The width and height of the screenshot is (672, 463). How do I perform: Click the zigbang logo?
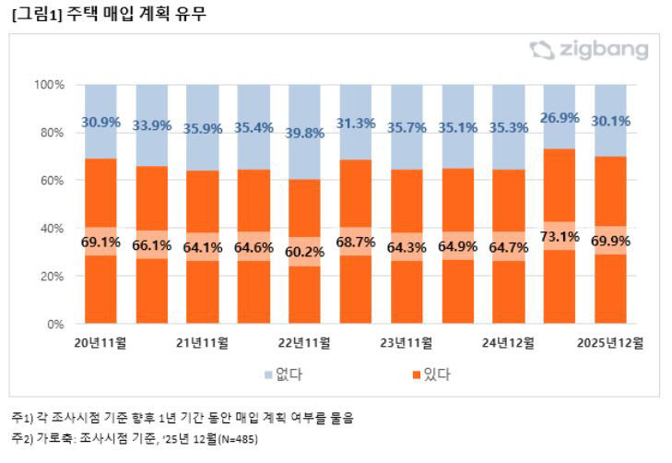coord(589,51)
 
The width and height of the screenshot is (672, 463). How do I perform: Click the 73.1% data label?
coord(560,237)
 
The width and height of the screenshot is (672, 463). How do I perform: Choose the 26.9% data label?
coord(560,117)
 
